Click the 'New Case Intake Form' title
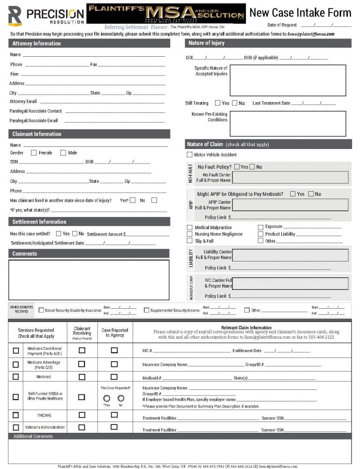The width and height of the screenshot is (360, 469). tap(300, 13)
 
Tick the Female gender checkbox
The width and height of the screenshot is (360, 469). tap(34, 153)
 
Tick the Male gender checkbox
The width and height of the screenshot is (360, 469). tap(63, 153)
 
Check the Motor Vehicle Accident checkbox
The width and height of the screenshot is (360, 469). tap(189, 155)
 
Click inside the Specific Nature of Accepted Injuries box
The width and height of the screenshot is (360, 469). tap(287, 80)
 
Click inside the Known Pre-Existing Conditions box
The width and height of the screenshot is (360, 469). tap(287, 123)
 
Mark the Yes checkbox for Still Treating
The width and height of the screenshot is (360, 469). tap(217, 103)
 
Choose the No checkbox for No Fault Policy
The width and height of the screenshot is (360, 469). tap(252, 167)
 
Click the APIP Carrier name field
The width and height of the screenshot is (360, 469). tap(290, 205)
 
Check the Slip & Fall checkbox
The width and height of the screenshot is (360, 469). tap(189, 241)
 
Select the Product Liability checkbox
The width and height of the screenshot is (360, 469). tap(261, 234)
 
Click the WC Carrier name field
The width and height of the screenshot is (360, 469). tap(290, 283)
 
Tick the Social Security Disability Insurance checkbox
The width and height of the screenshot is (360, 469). tap(41, 310)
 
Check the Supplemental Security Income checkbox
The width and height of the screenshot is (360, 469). tap(147, 310)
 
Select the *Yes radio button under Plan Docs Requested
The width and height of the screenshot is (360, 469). tap(107, 398)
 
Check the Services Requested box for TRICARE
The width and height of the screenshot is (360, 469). tap(16, 415)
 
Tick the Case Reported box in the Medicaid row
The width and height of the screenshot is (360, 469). tap(114, 377)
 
